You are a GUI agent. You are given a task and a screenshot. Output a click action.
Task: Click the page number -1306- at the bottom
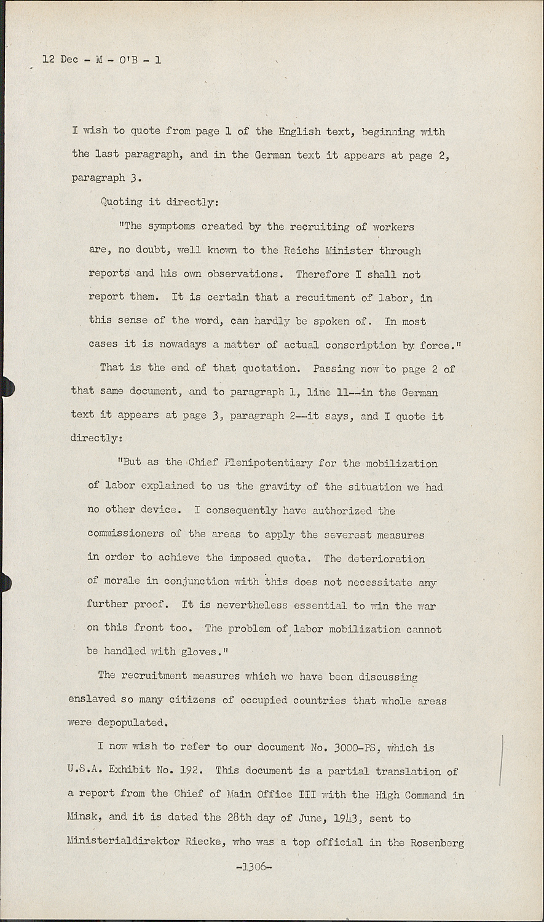[253, 867]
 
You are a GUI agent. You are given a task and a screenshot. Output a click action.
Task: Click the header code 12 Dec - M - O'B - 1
[102, 60]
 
